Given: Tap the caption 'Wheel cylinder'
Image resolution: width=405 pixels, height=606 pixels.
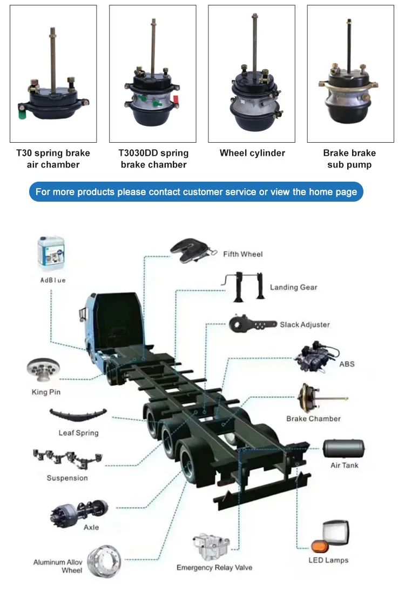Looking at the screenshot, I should [252, 153].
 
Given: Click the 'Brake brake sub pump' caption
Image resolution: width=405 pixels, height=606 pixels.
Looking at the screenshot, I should [349, 159].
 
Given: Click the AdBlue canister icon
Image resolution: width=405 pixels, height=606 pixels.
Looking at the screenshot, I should [51, 253].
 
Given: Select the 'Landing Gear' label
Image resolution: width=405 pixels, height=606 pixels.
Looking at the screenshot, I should [294, 288].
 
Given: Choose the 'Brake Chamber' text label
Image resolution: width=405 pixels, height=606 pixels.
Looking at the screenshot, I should [313, 418].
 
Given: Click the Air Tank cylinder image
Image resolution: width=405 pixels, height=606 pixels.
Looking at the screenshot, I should [344, 448].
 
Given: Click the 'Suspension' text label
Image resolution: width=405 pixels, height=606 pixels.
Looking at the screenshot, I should [67, 478].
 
